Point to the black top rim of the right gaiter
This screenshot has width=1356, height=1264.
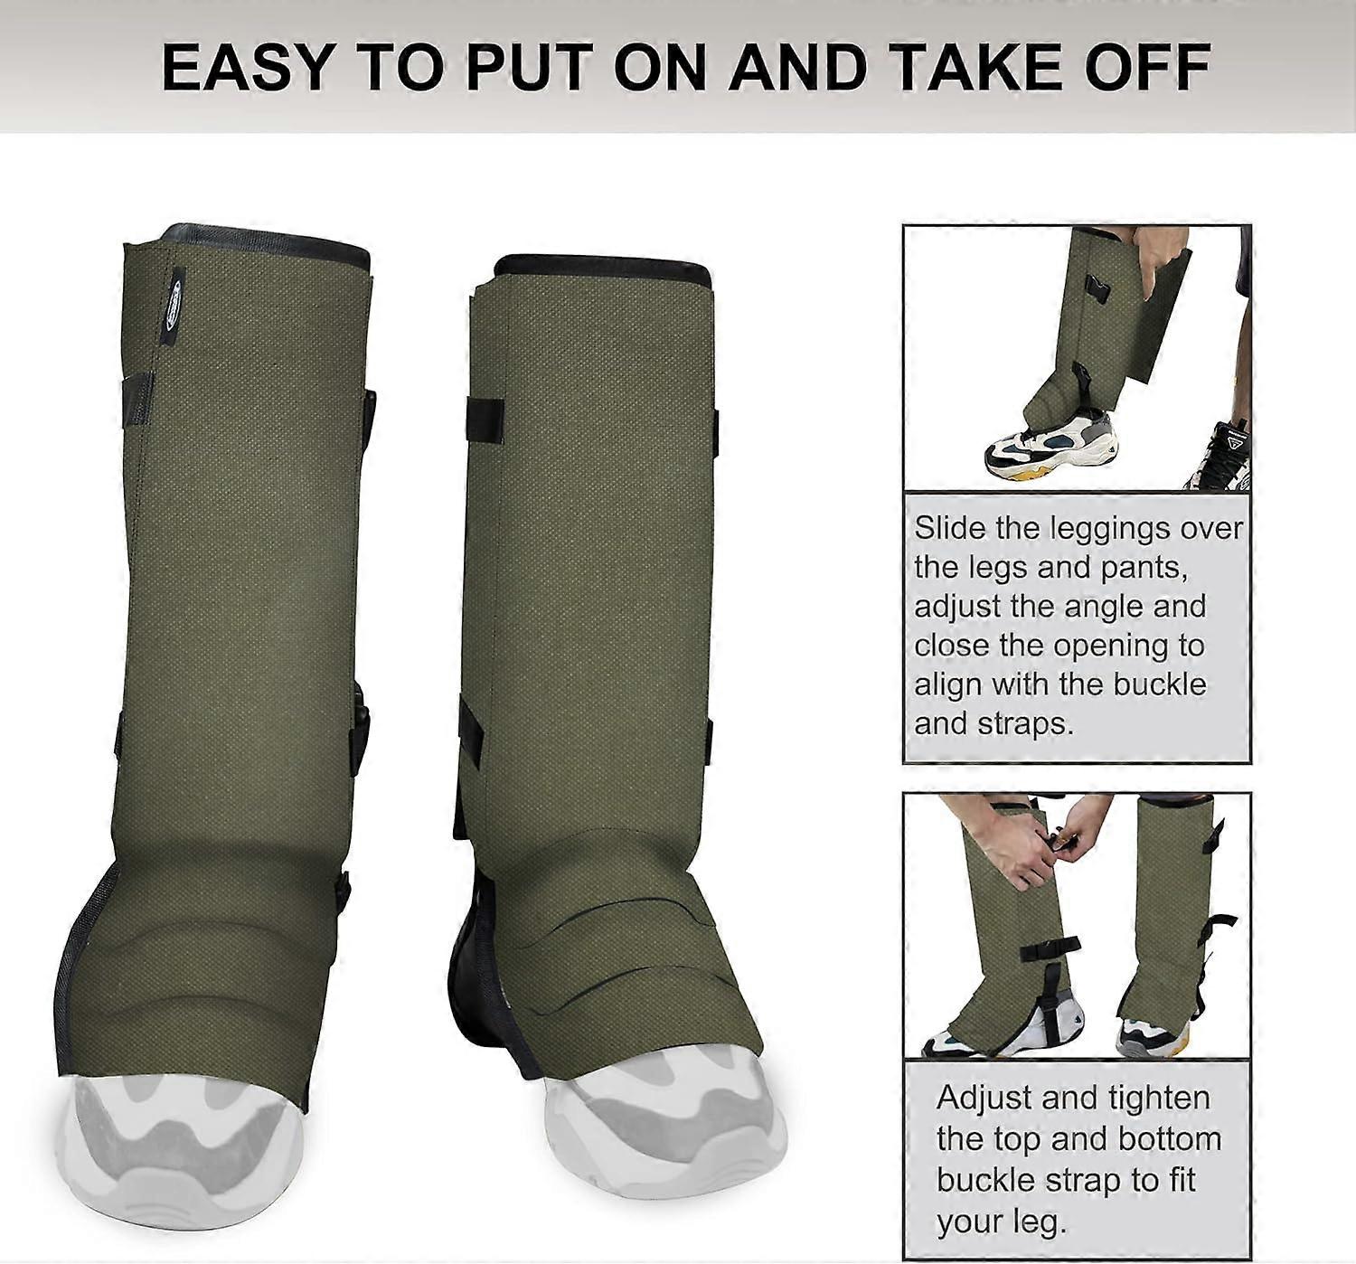(604, 268)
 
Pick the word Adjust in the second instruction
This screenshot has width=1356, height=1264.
(984, 1098)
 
